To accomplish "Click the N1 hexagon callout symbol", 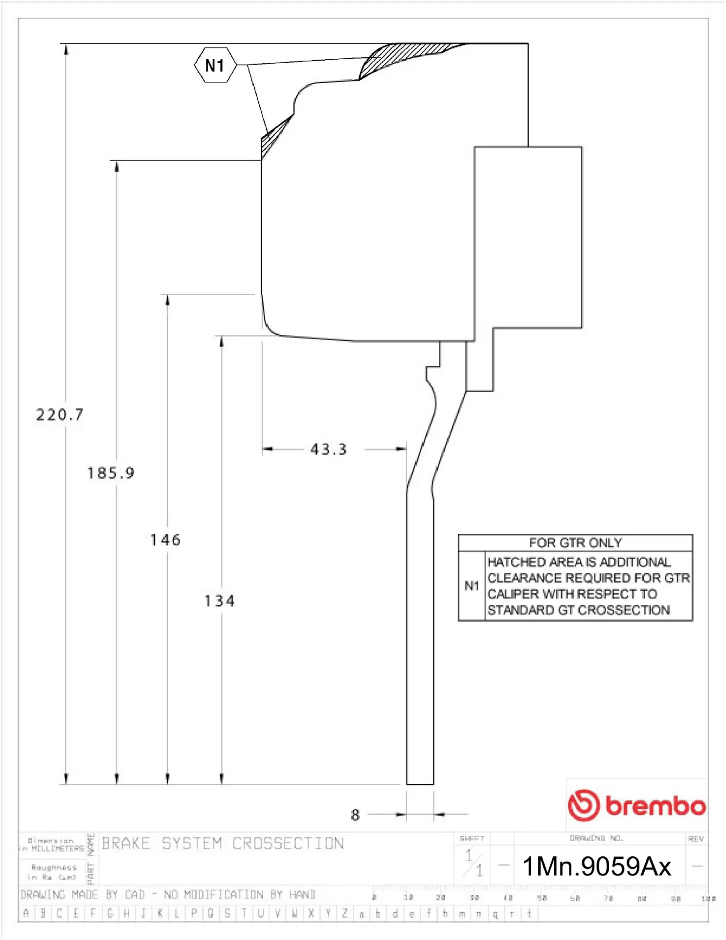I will click(215, 65).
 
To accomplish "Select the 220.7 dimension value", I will click(60, 415).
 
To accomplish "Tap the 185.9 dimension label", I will click(111, 473).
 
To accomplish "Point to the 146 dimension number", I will click(165, 540).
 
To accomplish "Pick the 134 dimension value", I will click(220, 601).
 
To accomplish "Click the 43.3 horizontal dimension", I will click(329, 449).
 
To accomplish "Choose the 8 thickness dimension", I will click(355, 815).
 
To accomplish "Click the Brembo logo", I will click(636, 805).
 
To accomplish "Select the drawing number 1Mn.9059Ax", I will click(596, 866).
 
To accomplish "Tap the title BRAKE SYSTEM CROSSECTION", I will click(223, 844).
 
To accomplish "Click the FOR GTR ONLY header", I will click(575, 543).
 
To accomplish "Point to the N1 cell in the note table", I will click(472, 586).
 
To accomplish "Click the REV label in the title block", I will click(696, 839).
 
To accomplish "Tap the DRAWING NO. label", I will click(596, 838).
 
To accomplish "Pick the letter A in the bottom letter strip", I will click(26, 913).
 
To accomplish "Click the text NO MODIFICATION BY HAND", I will click(240, 894).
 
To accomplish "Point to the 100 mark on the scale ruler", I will click(707, 898).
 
